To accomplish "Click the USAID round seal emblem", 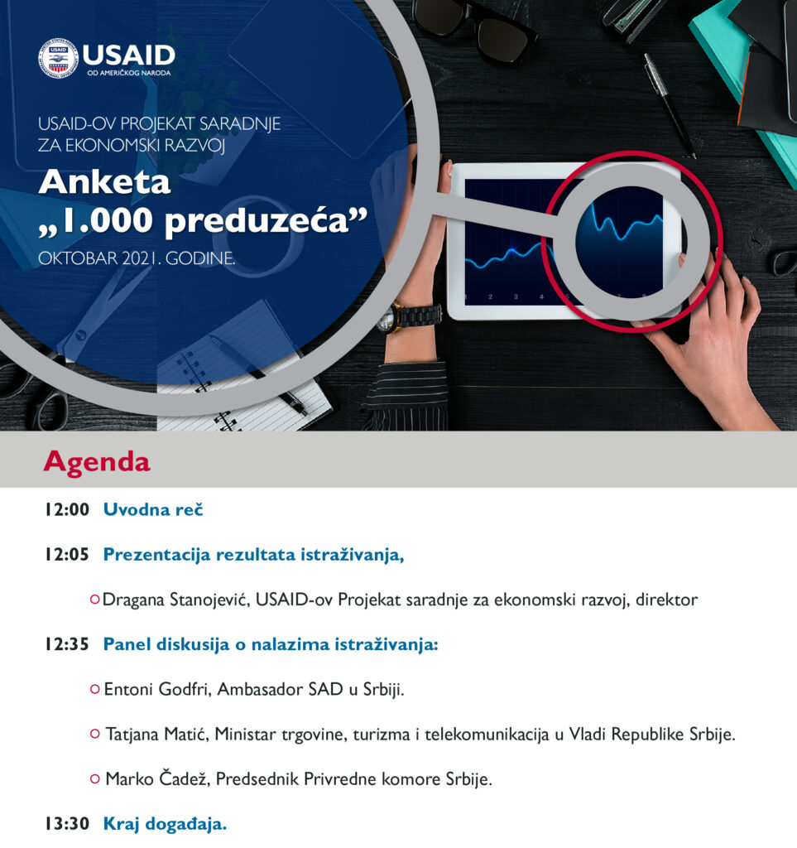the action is (59, 58).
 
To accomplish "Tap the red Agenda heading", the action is (98, 462).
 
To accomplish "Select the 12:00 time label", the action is (67, 509).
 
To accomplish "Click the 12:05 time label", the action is (67, 554).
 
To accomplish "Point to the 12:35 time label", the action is (67, 644).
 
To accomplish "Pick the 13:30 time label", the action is (67, 824).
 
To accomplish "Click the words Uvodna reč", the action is (153, 509).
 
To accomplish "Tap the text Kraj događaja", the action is (165, 824).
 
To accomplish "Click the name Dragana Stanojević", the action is (175, 600).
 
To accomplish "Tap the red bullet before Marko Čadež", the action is (95, 779).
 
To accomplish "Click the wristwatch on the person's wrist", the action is (410, 316).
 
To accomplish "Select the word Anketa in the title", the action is (105, 181).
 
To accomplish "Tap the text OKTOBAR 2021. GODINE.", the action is (137, 258).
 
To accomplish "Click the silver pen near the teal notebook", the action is (670, 105).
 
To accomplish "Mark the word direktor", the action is (667, 600).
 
